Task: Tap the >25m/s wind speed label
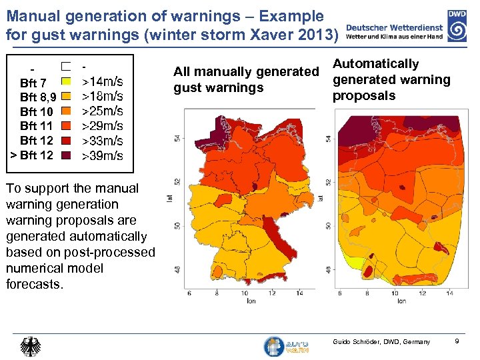pyautogui.click(x=102, y=111)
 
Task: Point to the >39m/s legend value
pyautogui.click(x=102, y=156)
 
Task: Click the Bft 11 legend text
pyautogui.click(x=36, y=126)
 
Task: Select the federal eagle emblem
pyautogui.click(x=30, y=346)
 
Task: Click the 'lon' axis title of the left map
pyautogui.click(x=251, y=301)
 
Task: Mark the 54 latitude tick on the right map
pyautogui.click(x=328, y=138)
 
